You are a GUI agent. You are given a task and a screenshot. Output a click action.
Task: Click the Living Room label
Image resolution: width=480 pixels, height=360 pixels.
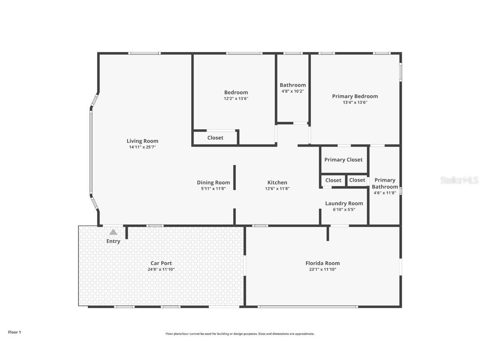coord(142,141)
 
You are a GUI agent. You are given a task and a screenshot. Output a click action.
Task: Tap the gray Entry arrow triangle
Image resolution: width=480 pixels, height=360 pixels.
coord(113,232)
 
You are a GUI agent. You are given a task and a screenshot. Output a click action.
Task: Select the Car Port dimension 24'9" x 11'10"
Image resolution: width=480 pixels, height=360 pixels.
coord(161,270)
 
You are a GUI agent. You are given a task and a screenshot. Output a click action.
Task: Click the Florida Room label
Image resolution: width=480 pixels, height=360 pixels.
coord(322,263)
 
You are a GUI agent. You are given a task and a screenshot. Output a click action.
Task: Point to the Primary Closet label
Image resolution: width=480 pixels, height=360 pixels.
coord(343,160)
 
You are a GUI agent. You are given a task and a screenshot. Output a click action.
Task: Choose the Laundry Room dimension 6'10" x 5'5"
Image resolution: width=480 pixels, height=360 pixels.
coord(344,210)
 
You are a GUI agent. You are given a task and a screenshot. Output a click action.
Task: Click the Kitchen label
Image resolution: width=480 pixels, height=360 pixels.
coord(277,182)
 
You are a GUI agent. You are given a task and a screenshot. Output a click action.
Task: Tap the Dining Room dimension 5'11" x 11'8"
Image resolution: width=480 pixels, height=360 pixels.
coord(213,189)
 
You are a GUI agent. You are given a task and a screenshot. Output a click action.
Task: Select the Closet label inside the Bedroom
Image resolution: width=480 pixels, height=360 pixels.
coord(215,137)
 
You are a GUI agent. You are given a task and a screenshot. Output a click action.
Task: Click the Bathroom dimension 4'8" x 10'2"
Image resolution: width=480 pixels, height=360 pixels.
coord(292,91)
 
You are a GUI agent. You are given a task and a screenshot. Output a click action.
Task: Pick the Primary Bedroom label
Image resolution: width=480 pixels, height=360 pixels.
coord(355,96)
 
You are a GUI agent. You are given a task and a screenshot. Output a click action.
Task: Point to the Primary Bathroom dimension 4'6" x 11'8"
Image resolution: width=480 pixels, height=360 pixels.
coord(385,193)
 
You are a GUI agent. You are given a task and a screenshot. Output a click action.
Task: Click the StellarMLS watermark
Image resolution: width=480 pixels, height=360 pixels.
coord(459,180)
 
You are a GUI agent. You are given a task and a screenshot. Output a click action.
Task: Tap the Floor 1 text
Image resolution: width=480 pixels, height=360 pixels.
coord(14,332)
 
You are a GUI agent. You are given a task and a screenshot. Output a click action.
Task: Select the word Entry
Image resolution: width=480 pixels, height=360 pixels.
coord(113,241)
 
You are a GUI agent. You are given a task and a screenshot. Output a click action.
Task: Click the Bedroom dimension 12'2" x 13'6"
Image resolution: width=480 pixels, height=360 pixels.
coord(236,99)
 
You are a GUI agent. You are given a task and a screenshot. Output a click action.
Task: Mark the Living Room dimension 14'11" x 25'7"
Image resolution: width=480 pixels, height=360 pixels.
coord(142,147)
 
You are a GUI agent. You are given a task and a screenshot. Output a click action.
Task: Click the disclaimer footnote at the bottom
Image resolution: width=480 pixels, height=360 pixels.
coord(240,334)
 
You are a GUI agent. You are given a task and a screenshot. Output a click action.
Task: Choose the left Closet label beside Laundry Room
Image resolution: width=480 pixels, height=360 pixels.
coord(333,180)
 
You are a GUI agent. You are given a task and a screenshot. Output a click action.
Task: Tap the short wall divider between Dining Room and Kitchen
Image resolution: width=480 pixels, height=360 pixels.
coord(235,177)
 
